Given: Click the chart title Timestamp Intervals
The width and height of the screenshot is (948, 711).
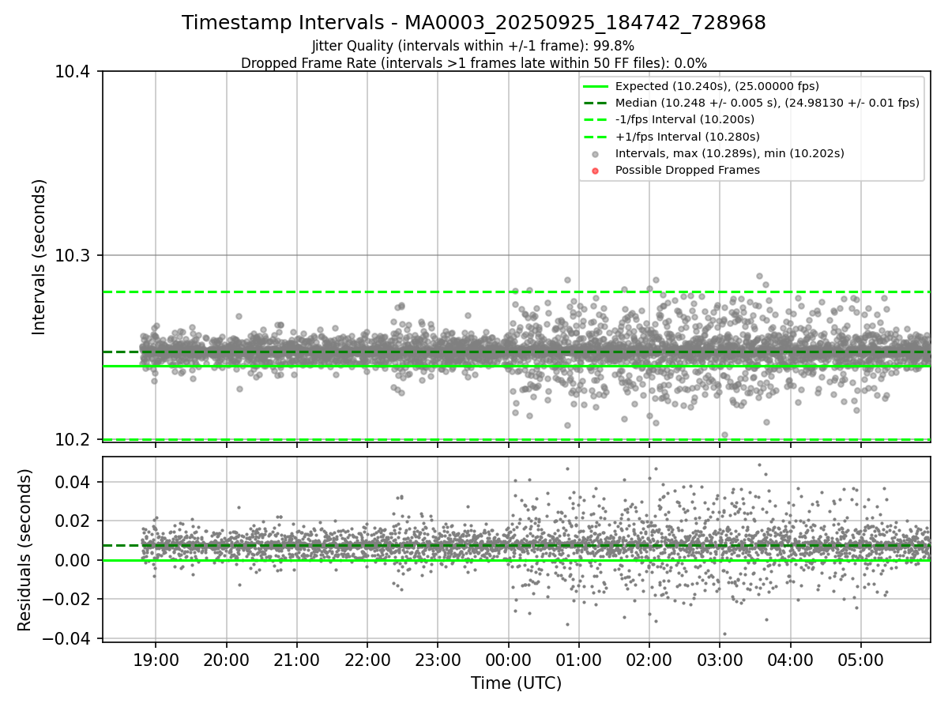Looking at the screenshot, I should (474, 23).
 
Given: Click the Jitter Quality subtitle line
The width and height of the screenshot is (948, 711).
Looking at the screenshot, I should (474, 46).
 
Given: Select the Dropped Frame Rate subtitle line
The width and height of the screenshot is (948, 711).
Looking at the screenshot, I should (474, 62).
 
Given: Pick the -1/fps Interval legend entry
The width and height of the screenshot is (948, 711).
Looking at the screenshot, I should (684, 119).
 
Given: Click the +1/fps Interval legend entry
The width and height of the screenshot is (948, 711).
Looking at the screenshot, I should (687, 137).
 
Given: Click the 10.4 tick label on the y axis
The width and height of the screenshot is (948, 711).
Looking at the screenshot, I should (73, 72).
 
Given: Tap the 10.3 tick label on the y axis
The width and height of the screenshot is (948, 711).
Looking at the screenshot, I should (73, 255).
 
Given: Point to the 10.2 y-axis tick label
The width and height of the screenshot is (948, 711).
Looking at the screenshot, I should (73, 439).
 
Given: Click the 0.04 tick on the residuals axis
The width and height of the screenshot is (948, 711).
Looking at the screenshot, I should (77, 482).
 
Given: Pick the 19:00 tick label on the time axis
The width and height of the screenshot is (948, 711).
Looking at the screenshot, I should (156, 659).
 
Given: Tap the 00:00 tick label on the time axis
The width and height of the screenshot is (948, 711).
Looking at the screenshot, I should (509, 659).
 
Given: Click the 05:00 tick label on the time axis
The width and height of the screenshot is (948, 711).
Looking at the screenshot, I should (861, 659).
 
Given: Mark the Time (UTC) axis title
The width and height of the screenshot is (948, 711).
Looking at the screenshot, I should (516, 683).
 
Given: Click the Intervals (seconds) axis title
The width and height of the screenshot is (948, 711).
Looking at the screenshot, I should (39, 256).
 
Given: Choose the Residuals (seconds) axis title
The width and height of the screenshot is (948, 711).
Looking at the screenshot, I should (25, 550).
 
